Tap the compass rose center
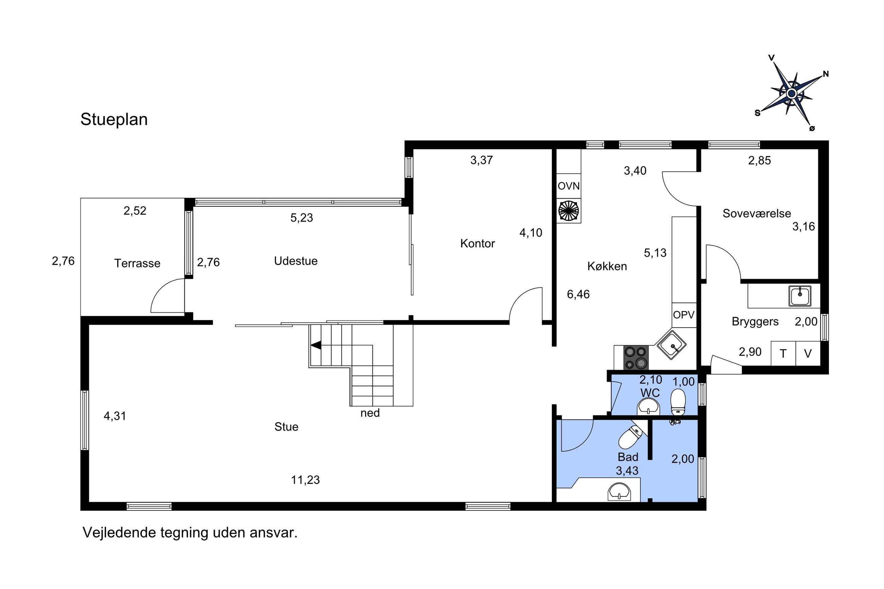tap(792, 93)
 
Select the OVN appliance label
tap(568, 186)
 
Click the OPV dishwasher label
tap(683, 315)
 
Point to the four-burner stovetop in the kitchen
tap(636, 357)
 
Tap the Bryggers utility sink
tap(799, 296)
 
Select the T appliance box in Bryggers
tap(783, 353)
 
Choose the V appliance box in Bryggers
tap(808, 353)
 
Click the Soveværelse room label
tap(756, 213)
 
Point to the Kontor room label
tap(477, 243)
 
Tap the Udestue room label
tap(296, 261)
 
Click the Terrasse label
tap(137, 263)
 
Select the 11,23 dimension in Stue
tap(305, 480)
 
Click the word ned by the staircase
tap(370, 413)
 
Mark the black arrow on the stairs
tap(316, 345)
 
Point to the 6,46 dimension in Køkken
tap(578, 294)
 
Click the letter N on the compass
tap(826, 74)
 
